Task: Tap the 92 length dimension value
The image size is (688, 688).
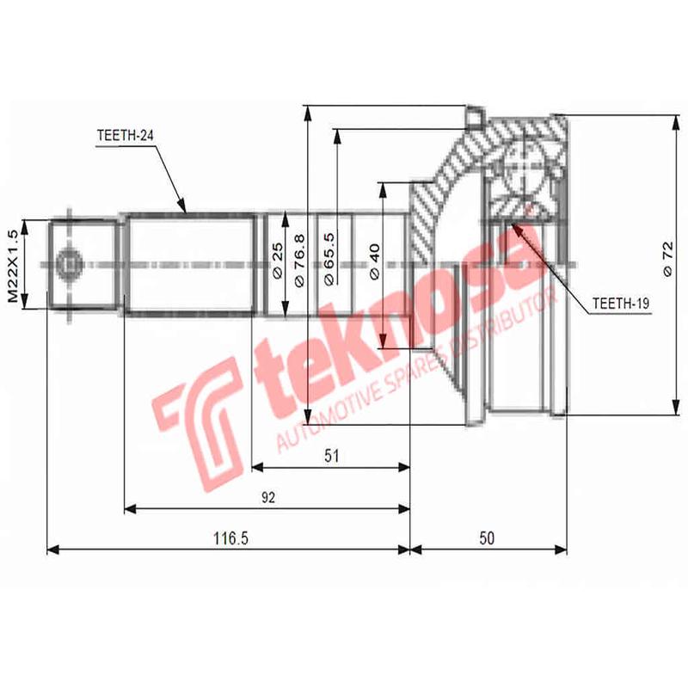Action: pyautogui.click(x=268, y=498)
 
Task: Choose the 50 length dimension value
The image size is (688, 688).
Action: pyautogui.click(x=487, y=538)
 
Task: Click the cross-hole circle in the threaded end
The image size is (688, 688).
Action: pyautogui.click(x=67, y=263)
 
